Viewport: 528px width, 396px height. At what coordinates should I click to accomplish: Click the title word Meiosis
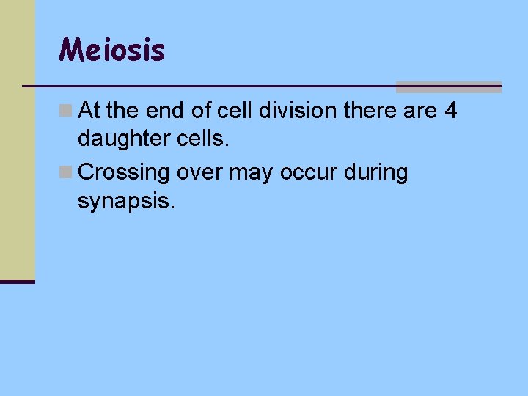(112, 50)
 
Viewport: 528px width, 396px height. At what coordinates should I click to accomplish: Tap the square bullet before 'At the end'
(66, 111)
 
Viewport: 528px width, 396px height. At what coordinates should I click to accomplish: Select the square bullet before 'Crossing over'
(66, 173)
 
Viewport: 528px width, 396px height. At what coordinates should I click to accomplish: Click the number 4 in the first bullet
(451, 111)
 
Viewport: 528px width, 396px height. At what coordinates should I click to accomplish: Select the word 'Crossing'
(124, 173)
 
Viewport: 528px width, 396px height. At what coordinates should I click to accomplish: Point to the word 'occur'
(301, 172)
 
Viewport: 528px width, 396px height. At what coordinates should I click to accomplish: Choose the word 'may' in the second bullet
(246, 174)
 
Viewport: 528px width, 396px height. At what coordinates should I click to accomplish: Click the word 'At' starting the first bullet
(90, 111)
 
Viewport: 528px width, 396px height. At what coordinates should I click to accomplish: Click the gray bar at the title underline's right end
(448, 87)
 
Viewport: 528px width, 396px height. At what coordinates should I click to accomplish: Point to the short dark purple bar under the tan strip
(17, 282)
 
